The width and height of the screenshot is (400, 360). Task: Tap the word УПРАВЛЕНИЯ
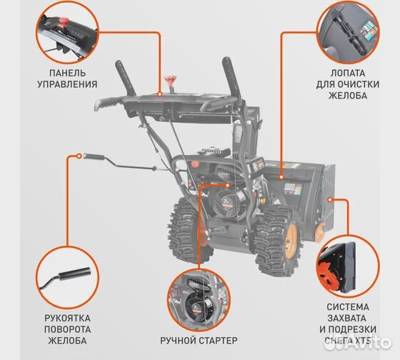pyautogui.click(x=68, y=84)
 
